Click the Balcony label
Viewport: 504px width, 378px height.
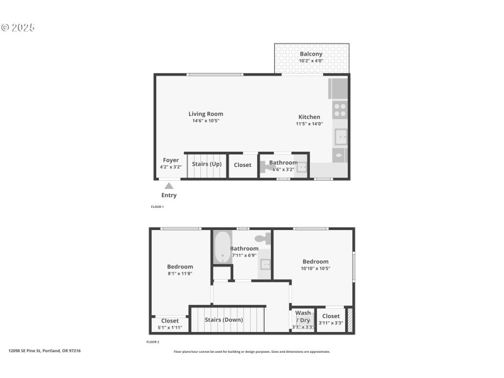pos(311,54)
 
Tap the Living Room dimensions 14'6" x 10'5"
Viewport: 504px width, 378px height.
pos(205,121)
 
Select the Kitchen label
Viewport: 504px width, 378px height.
pos(309,117)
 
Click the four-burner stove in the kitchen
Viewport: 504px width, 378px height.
pos(340,110)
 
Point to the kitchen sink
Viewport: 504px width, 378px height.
pos(341,136)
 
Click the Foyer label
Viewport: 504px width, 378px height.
pos(171,160)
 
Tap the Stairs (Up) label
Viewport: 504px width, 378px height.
pos(207,164)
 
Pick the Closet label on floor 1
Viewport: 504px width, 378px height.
pos(243,165)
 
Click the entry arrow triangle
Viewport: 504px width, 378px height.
pos(169,185)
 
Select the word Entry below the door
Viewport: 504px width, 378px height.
pos(169,195)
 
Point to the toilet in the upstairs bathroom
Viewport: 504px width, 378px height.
pos(265,239)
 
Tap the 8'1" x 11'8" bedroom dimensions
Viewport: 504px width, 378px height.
pos(180,273)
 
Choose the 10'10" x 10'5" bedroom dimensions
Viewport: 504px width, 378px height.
pos(316,268)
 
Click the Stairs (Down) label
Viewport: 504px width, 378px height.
pos(224,319)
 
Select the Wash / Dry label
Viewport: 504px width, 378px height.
pos(303,316)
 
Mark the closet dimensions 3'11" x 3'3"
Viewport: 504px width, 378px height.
pos(331,323)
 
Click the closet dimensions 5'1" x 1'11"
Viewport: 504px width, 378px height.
pos(170,328)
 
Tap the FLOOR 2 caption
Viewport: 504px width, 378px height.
pos(153,342)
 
